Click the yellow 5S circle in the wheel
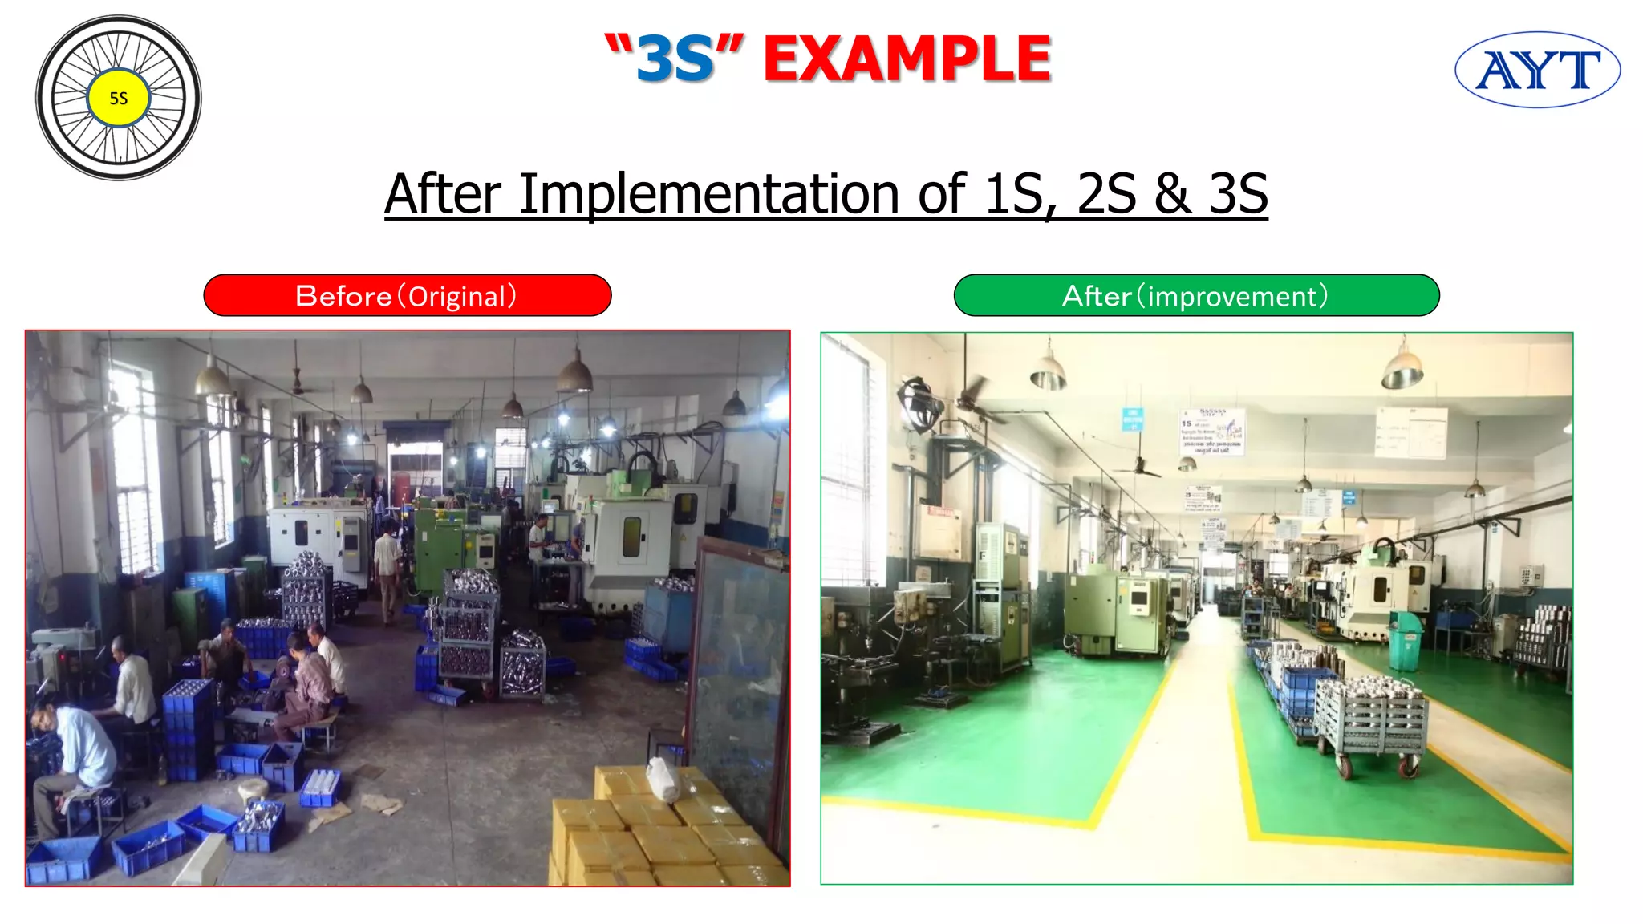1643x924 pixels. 118,98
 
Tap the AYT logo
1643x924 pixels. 1537,70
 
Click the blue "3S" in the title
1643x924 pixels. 675,59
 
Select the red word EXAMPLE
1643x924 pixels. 907,59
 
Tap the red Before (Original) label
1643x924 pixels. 407,296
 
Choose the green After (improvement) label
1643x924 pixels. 1195,296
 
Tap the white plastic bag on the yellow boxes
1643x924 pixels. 663,779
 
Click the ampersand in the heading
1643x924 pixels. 1173,194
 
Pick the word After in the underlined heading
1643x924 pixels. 443,194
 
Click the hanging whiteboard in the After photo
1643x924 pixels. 1410,432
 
